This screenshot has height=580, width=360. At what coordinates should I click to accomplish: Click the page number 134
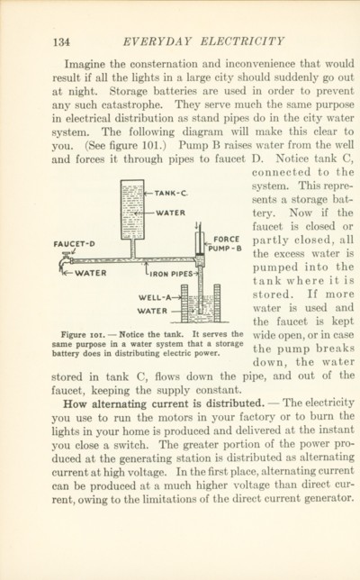pos(61,41)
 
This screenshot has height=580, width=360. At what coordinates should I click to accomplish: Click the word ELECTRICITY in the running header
pos(242,41)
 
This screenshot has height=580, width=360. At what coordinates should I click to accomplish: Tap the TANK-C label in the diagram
pos(171,193)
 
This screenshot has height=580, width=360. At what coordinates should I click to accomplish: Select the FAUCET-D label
pos(74,244)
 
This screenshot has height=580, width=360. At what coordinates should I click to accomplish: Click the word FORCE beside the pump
pos(226,240)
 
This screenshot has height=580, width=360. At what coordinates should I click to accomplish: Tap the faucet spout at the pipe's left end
pos(64,263)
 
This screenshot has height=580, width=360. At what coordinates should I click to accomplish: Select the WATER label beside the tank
pos(170,213)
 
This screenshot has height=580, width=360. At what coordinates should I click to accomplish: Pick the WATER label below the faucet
pos(91,274)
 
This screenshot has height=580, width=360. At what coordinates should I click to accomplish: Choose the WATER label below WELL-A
pos(153,311)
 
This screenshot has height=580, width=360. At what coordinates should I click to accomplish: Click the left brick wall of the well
pos(184,303)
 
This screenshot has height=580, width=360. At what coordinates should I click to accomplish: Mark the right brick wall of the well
pos(217,303)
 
